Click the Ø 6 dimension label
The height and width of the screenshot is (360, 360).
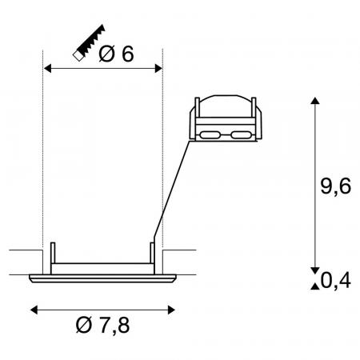tap(116, 54)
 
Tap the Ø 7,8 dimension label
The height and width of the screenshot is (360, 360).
tap(103, 325)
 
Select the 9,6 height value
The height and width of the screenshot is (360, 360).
tap(335, 186)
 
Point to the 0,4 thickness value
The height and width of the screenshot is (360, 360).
tap(335, 281)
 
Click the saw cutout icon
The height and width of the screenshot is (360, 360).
tap(89, 43)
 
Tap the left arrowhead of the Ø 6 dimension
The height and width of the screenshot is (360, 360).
tap(47, 69)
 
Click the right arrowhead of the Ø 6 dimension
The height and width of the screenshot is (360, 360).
tap(158, 69)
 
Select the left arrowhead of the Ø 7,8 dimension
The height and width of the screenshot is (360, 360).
tap(34, 310)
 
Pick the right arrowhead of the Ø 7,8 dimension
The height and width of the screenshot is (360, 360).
tap(171, 310)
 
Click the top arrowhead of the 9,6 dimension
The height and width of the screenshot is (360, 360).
tap(315, 101)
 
